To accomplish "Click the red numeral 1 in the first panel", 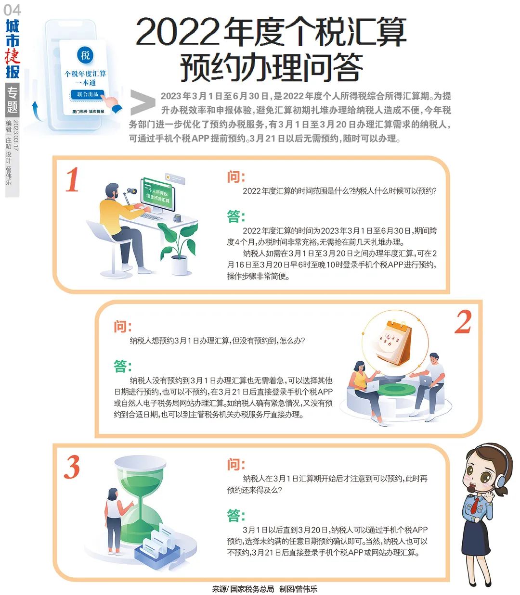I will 72,180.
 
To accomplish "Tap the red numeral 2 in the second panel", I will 463,322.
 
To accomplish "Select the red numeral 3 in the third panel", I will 72,467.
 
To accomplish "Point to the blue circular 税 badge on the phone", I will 85,55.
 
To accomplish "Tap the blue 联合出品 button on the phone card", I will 88,94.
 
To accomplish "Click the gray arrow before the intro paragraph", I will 143,102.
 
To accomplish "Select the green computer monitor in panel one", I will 157,194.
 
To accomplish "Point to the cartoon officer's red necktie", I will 476,505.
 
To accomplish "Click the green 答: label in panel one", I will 236,216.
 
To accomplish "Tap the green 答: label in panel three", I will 236,515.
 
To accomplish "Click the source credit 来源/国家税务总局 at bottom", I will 243,589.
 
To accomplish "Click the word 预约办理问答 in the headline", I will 271,68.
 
